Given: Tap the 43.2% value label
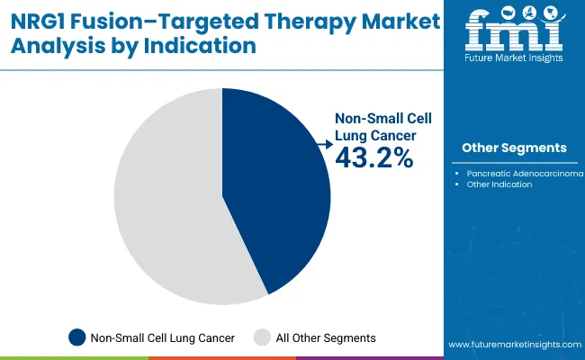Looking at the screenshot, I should click(373, 158).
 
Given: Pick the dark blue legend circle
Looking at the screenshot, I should click(77, 337).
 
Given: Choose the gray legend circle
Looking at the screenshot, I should click(262, 337).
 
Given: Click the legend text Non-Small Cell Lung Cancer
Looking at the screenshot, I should click(163, 337).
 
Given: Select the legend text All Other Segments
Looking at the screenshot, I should click(326, 337).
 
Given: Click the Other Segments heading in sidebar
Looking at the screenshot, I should click(514, 148).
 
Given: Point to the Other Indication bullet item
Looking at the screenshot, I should click(499, 184).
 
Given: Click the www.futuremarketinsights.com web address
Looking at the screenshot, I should click(512, 345).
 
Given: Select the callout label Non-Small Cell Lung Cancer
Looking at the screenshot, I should click(376, 126).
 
